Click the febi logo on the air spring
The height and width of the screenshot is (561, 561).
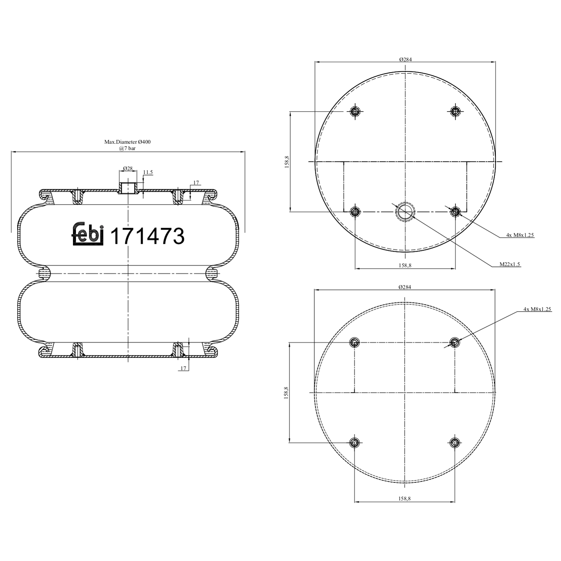[88, 234]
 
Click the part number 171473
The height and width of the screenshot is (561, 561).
[148, 236]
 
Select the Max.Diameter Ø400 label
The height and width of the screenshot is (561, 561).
[127, 142]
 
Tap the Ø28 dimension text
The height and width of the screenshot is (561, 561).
[128, 169]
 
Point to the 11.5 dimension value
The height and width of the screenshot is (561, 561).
[148, 172]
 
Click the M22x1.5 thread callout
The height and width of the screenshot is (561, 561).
[510, 264]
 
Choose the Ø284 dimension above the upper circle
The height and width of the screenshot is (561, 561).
[405, 59]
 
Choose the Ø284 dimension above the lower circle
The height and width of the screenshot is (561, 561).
[405, 287]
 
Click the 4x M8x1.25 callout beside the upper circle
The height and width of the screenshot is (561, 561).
[520, 235]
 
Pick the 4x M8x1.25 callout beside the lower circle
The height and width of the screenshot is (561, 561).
[537, 309]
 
